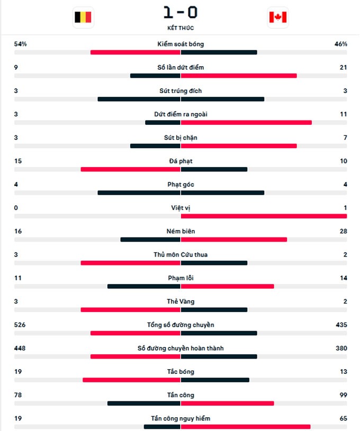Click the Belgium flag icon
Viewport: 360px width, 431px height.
click(83, 17)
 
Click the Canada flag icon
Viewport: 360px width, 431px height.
click(278, 17)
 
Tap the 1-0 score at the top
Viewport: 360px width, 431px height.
click(180, 12)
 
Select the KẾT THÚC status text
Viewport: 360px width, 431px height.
click(181, 28)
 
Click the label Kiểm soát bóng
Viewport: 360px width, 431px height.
click(181, 44)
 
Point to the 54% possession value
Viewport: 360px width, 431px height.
click(21, 44)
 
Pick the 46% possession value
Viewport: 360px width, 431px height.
click(341, 44)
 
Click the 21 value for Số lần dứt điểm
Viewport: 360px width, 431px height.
click(344, 67)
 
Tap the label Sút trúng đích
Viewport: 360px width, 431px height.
click(181, 91)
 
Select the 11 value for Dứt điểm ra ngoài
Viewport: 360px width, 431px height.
click(344, 114)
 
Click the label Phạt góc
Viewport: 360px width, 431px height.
click(181, 185)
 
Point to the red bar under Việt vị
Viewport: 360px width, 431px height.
click(264, 216)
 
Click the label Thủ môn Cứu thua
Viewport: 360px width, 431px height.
click(181, 254)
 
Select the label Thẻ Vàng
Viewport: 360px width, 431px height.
click(181, 301)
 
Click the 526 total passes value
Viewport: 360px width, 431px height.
click(20, 325)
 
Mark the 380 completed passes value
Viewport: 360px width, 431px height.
click(341, 348)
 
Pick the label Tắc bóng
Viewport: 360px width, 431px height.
click(181, 372)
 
